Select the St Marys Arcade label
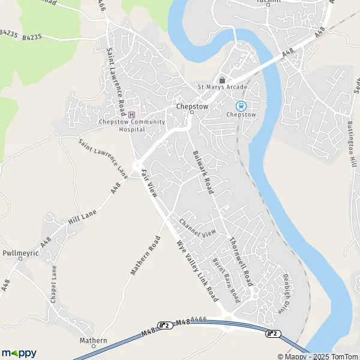(222, 88)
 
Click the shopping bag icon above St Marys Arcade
(222, 80)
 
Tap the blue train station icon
(241, 106)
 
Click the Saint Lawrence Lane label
(103, 158)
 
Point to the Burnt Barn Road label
(226, 280)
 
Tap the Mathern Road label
(146, 256)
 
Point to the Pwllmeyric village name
(20, 254)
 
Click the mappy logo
(19, 353)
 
